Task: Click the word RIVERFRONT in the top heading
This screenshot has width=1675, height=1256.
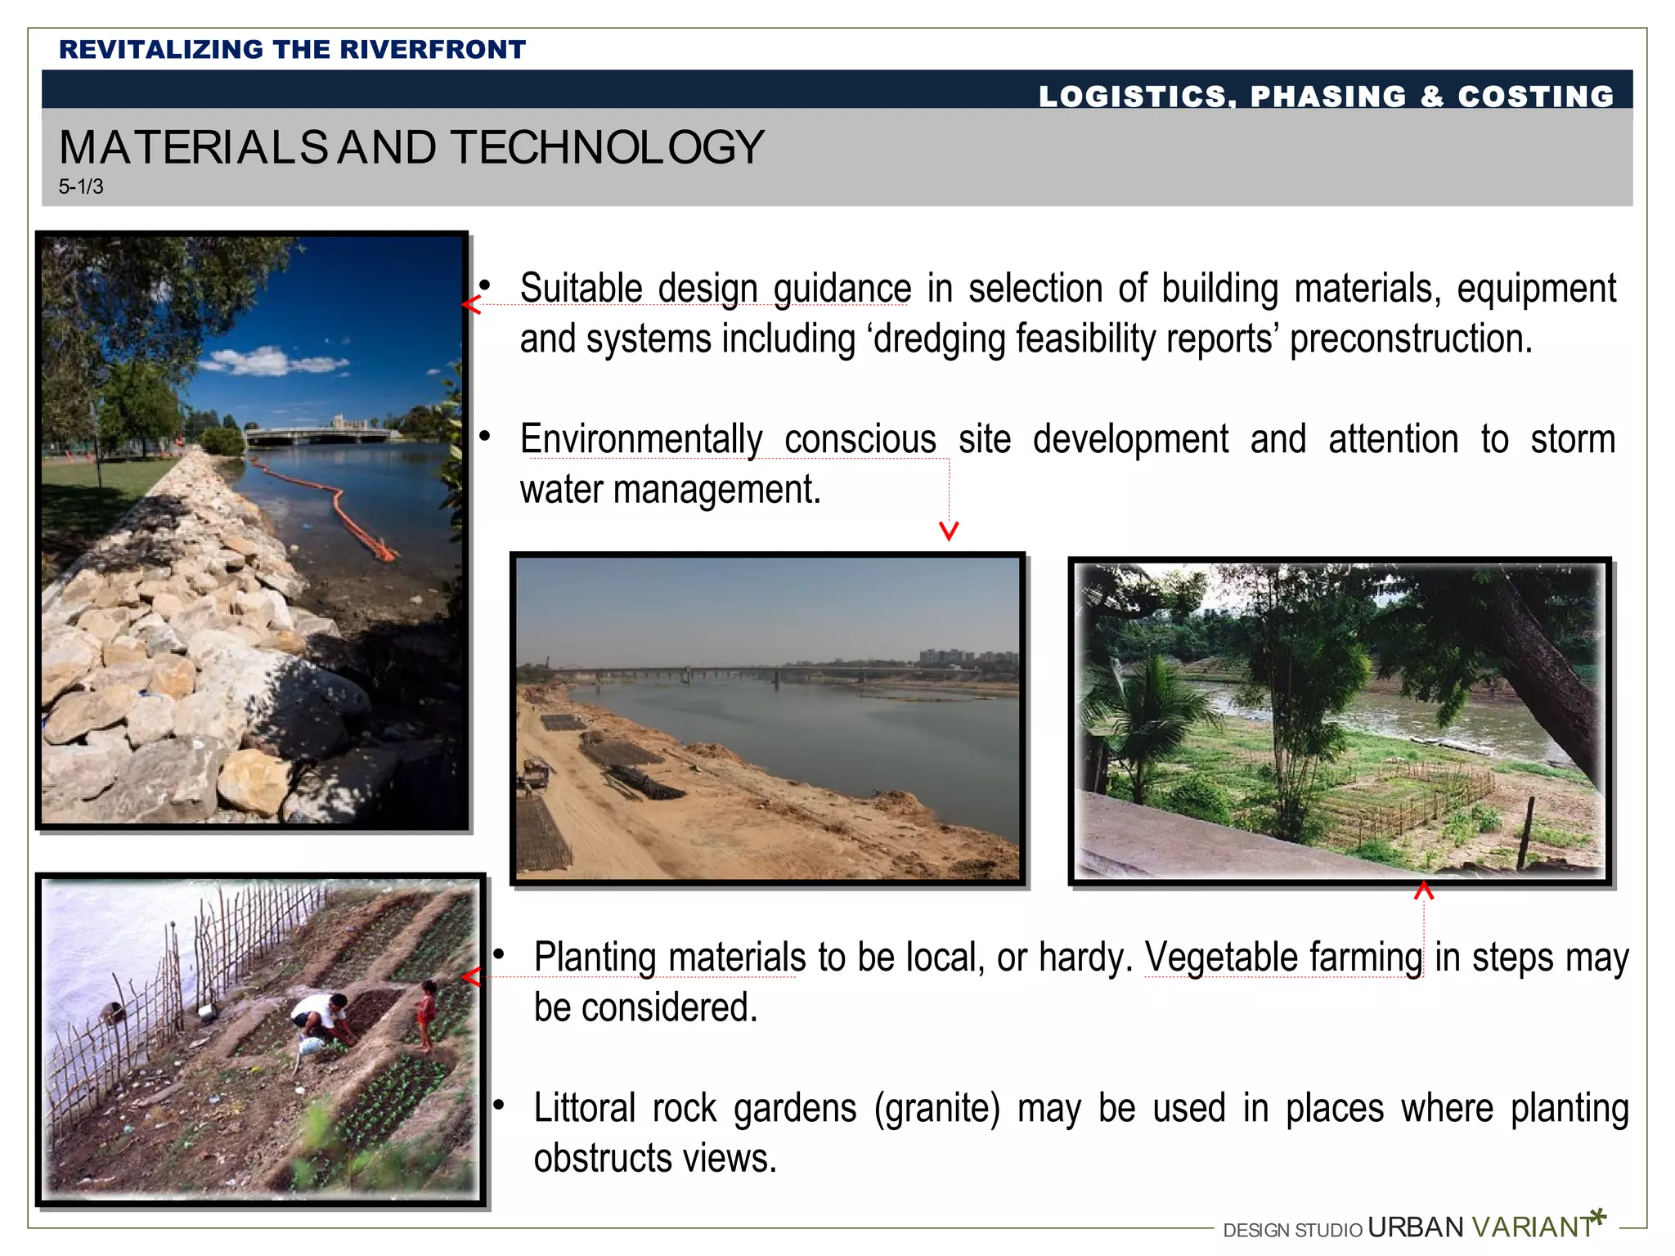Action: pos(433,50)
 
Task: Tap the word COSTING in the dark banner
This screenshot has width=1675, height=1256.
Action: pos(1536,96)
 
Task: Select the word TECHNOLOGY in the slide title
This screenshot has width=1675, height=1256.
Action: pos(608,148)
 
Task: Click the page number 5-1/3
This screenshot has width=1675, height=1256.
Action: pos(81,186)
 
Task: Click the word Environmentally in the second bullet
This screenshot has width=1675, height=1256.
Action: pos(641,439)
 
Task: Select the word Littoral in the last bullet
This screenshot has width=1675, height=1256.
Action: pos(585,1108)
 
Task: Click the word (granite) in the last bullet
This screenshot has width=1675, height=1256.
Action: pos(937,1109)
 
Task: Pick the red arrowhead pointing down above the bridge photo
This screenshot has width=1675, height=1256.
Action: pos(949,532)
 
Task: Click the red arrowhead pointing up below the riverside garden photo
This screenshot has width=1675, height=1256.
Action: pos(1424,890)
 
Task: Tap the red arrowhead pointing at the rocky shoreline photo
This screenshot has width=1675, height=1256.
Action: pos(471,305)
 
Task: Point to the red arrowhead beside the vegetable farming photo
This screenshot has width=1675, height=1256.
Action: pos(471,976)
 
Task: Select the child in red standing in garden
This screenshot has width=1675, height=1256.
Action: pos(425,1014)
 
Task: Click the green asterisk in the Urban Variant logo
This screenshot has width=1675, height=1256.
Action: pos(1598,1217)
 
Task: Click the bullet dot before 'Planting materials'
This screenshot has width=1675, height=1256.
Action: pos(499,954)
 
